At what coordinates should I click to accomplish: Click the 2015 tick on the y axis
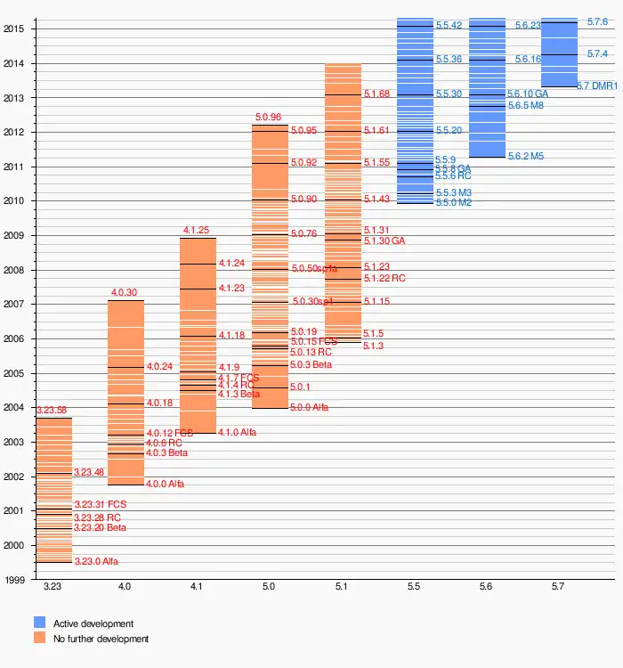point(13,29)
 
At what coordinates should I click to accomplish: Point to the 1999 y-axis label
point(13,580)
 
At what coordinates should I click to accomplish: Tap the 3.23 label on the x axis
point(53,587)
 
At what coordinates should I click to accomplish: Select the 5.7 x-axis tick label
point(559,587)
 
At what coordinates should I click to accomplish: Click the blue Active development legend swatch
point(40,623)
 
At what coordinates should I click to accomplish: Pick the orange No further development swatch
point(40,639)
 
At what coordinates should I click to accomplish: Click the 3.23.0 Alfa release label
point(96,562)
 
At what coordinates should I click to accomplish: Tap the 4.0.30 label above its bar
point(124,292)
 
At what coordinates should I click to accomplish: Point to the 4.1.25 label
point(196,230)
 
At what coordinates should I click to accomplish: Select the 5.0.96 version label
point(268,117)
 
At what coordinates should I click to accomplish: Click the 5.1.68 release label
point(376,94)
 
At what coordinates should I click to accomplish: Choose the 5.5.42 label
point(449,26)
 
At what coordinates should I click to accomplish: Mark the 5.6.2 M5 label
point(525,156)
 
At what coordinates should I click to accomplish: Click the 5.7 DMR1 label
point(597,86)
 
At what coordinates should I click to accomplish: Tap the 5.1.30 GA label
point(384,241)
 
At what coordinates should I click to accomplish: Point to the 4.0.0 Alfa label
point(171,485)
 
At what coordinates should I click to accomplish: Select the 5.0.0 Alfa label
point(309,407)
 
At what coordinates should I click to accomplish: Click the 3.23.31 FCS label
point(100,505)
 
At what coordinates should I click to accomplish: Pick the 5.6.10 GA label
point(528,94)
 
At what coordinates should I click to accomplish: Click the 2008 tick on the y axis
point(13,270)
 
